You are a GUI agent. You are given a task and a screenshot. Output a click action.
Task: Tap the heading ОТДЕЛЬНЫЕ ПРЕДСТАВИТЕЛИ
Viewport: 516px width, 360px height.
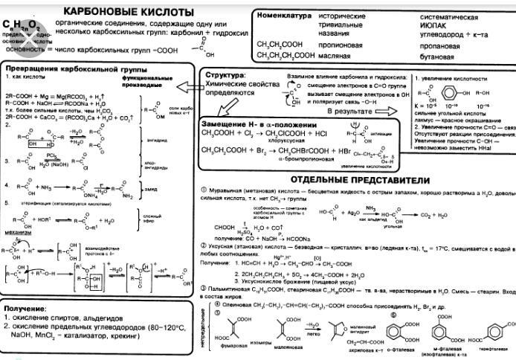point(361,180)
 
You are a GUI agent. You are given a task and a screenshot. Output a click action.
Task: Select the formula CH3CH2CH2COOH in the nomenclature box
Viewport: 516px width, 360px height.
point(286,55)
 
